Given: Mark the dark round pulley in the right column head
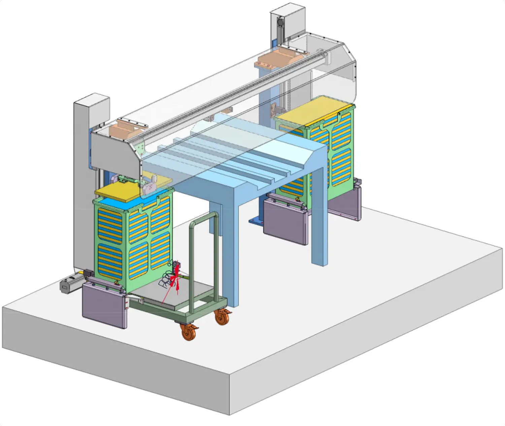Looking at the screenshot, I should [x=279, y=23].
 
